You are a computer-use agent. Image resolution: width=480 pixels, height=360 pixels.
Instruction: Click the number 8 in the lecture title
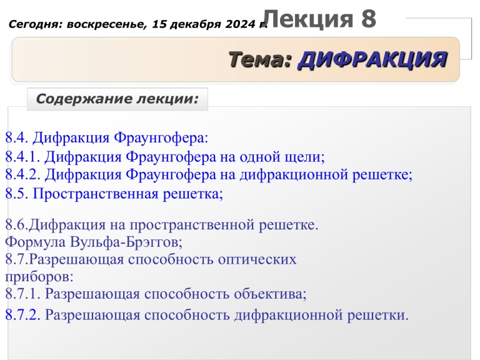(x=369, y=19)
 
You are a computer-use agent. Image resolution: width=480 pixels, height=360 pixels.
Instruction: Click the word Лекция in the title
(x=308, y=19)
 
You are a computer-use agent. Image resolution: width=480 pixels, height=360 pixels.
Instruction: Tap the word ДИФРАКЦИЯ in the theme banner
(x=372, y=59)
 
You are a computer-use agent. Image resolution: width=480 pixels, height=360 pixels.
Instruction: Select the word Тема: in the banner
(x=260, y=59)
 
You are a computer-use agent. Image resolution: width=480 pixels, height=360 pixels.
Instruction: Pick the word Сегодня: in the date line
(x=35, y=24)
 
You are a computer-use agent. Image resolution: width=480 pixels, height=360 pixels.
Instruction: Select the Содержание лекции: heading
(x=117, y=99)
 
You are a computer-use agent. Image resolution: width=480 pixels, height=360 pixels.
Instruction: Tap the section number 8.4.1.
(x=22, y=157)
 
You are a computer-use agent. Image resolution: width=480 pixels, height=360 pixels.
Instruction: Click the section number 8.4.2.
(x=22, y=174)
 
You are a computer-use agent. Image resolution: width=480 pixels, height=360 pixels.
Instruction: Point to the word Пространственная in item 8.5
(x=96, y=194)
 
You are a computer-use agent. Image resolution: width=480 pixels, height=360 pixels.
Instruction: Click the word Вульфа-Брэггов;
(x=126, y=242)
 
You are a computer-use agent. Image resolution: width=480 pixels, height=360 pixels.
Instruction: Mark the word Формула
(x=35, y=242)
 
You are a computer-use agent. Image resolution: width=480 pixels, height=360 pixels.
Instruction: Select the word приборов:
(x=39, y=277)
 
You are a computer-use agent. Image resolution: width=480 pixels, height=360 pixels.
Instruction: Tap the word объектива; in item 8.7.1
(x=270, y=294)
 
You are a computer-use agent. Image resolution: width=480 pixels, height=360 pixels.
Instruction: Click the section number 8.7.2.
(x=22, y=315)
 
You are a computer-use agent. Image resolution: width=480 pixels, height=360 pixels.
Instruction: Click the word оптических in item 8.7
(x=257, y=259)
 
